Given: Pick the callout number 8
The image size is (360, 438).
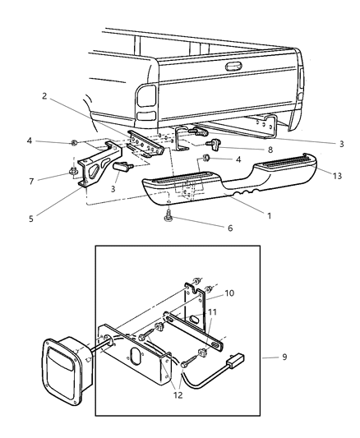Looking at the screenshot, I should click(270, 150).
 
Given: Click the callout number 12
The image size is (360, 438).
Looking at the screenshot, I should click(178, 394).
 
